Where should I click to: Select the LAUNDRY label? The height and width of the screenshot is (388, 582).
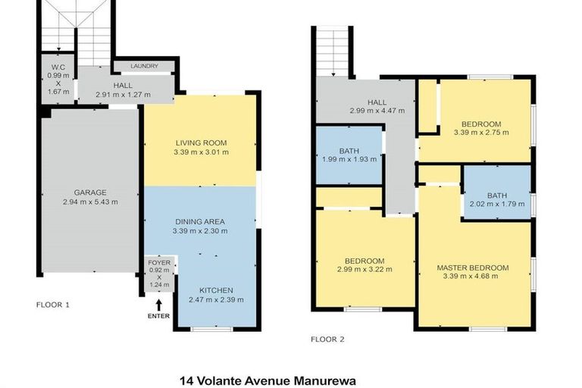(x=143, y=67)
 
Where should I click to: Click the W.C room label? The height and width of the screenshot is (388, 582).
(x=55, y=65)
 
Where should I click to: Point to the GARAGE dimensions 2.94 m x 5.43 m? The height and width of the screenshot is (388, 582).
(x=90, y=202)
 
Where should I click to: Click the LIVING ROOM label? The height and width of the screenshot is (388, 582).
(x=201, y=142)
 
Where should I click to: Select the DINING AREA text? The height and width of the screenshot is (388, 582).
(x=201, y=221)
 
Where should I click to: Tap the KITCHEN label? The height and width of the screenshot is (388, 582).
(x=216, y=290)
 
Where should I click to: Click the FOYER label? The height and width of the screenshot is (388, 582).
(x=160, y=262)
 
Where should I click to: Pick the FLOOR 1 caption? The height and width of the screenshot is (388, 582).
(x=53, y=305)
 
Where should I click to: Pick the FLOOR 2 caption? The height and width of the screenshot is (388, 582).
(x=328, y=339)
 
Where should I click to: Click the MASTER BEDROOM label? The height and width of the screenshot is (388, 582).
(x=472, y=268)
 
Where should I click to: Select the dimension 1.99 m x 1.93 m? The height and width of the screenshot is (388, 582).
(x=349, y=159)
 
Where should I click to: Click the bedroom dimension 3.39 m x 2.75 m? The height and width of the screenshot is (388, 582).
(x=481, y=132)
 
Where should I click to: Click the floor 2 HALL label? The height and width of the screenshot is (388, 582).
(x=377, y=102)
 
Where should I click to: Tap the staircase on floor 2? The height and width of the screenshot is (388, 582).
(x=331, y=52)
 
